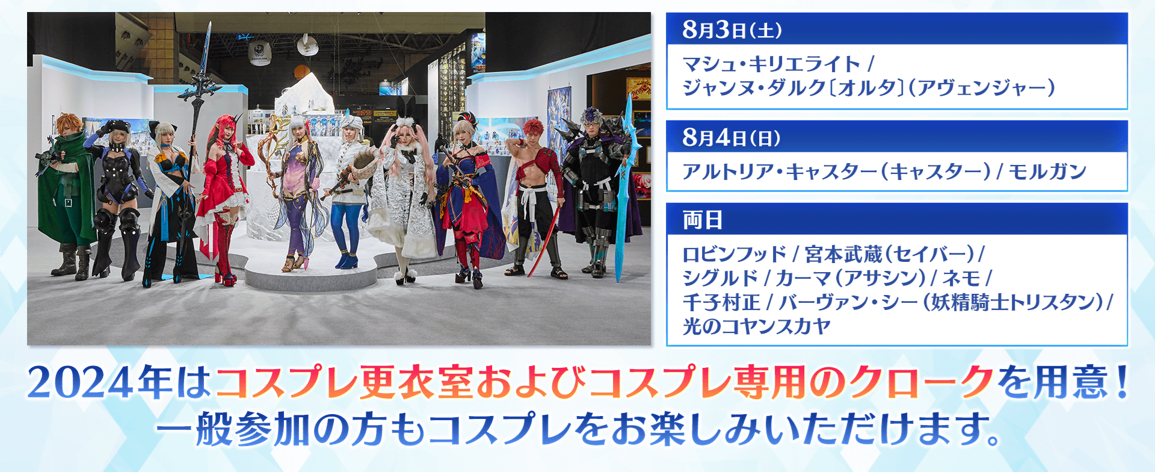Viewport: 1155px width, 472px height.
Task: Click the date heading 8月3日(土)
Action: click(x=732, y=29)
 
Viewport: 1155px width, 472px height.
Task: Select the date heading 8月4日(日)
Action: click(x=731, y=138)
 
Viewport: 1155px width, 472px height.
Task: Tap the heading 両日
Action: click(x=703, y=220)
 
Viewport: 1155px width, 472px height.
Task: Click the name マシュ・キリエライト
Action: click(x=772, y=64)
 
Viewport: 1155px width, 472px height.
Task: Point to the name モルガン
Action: click(x=1047, y=172)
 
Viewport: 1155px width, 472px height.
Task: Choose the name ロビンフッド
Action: click(x=735, y=254)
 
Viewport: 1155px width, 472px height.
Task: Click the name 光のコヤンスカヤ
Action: click(x=757, y=326)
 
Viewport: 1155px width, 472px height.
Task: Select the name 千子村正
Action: click(x=721, y=302)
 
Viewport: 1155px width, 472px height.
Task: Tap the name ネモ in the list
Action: click(x=961, y=278)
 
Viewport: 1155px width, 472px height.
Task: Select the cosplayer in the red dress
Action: click(x=224, y=199)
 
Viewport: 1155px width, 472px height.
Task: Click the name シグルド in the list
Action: click(x=720, y=278)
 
